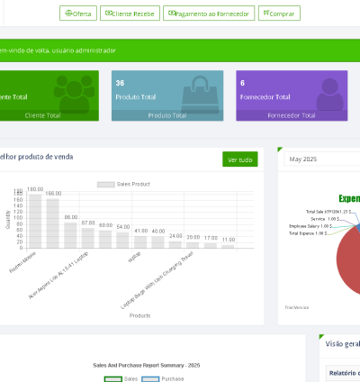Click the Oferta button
(78, 14)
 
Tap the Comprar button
(279, 14)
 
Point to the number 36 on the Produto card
(120, 83)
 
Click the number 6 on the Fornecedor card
(242, 83)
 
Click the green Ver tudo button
(240, 159)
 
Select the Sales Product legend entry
(124, 184)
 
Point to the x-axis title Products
(139, 315)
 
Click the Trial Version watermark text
(296, 306)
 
